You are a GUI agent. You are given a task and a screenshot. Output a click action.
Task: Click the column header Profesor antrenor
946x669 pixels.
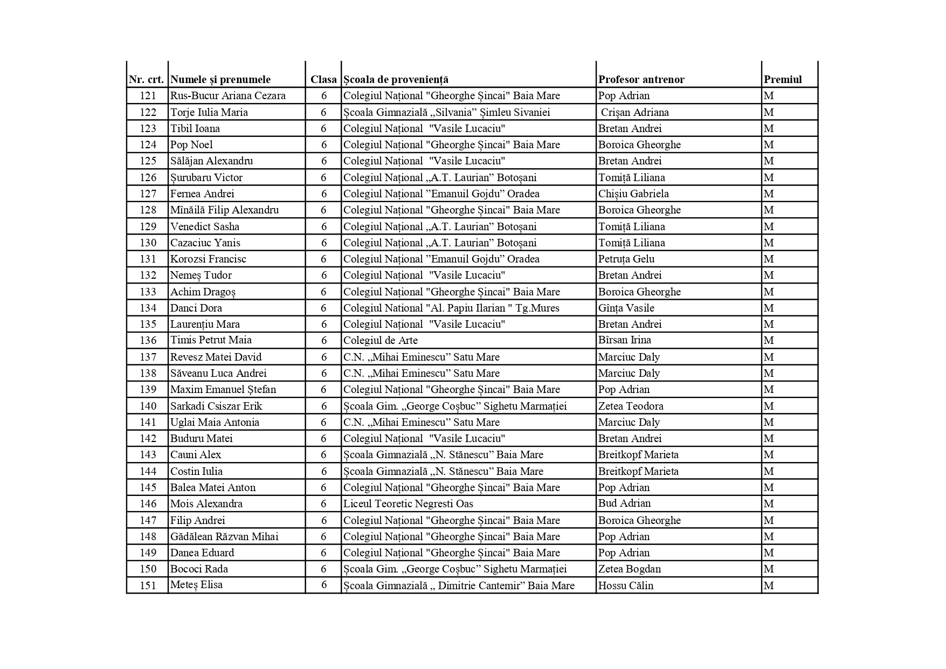641,80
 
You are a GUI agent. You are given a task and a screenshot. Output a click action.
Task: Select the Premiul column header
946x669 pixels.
782,80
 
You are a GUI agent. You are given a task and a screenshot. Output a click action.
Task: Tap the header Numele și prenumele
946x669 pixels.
220,80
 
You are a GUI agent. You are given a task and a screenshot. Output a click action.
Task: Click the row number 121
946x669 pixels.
148,96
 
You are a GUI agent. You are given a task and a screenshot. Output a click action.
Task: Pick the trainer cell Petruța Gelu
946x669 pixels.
626,259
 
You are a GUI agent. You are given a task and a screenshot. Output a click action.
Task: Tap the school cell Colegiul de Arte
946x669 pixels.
380,340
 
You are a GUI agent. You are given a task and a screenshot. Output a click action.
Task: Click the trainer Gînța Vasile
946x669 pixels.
626,308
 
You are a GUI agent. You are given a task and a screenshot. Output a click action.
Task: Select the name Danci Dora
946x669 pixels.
196,308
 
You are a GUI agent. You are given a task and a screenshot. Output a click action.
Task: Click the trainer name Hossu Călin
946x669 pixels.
625,585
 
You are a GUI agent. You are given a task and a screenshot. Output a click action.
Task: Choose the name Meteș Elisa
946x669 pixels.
196,585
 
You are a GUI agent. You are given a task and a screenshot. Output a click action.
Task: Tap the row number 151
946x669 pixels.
148,585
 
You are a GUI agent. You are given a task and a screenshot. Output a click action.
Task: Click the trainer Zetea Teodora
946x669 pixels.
630,406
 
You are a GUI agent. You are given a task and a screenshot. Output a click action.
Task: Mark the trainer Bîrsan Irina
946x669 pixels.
624,340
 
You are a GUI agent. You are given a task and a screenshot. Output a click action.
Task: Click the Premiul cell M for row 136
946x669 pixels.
768,340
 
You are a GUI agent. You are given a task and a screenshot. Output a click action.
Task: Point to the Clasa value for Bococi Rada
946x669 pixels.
323,569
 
